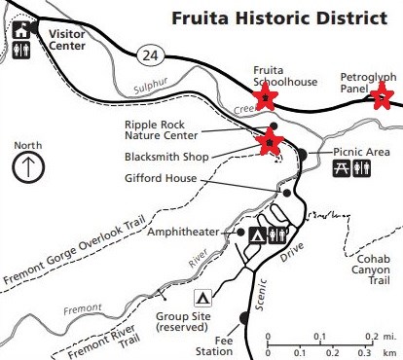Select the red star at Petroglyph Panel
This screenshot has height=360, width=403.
click(382, 95)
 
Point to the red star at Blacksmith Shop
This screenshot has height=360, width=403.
click(268, 143)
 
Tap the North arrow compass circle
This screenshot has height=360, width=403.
click(29, 165)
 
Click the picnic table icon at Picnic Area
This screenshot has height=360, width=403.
click(342, 169)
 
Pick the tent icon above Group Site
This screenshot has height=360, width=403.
click(202, 296)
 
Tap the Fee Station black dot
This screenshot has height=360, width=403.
click(242, 317)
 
